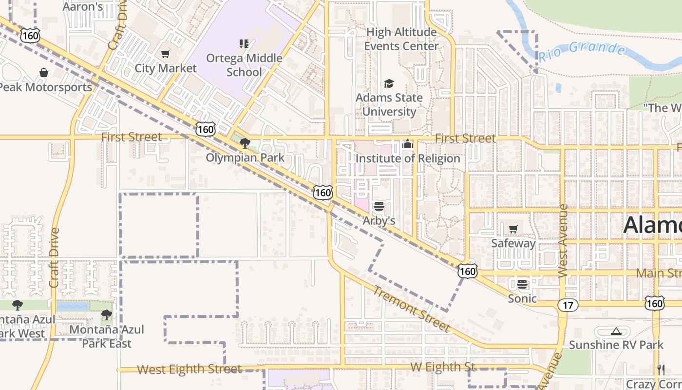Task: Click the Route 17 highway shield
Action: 568,306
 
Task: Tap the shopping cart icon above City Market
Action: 166,54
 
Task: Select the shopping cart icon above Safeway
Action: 513,229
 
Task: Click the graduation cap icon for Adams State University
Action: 389,83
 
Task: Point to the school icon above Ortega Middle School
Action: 244,44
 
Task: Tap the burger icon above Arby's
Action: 379,206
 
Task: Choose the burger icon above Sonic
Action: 522,284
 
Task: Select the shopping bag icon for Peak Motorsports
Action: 44,73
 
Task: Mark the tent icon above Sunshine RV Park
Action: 616,331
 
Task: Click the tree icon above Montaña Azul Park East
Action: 107,315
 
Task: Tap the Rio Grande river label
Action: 582,51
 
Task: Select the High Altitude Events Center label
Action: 401,39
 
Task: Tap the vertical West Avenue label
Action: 563,241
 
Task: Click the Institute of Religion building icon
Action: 408,144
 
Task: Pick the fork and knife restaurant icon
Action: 661,370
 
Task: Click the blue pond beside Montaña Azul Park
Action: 73,306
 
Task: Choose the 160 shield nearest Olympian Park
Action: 205,129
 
